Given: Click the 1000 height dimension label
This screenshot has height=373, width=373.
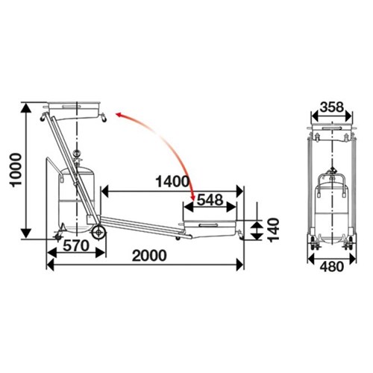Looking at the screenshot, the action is (x=16, y=170).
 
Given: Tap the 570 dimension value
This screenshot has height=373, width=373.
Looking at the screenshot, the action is (x=76, y=246).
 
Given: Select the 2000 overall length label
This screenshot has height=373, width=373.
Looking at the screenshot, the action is (x=149, y=256).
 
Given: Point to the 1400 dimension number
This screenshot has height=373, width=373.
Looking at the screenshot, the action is (x=172, y=181).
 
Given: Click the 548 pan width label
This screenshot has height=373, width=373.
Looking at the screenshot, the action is (x=210, y=200).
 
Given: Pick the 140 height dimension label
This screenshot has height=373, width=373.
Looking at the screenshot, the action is (x=274, y=230).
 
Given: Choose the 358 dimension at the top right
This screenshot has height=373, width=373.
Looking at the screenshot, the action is (x=332, y=107).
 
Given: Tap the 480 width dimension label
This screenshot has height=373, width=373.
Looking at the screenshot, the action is (x=332, y=267).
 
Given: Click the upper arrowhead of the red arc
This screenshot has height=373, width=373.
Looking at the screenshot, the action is (x=120, y=115).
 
